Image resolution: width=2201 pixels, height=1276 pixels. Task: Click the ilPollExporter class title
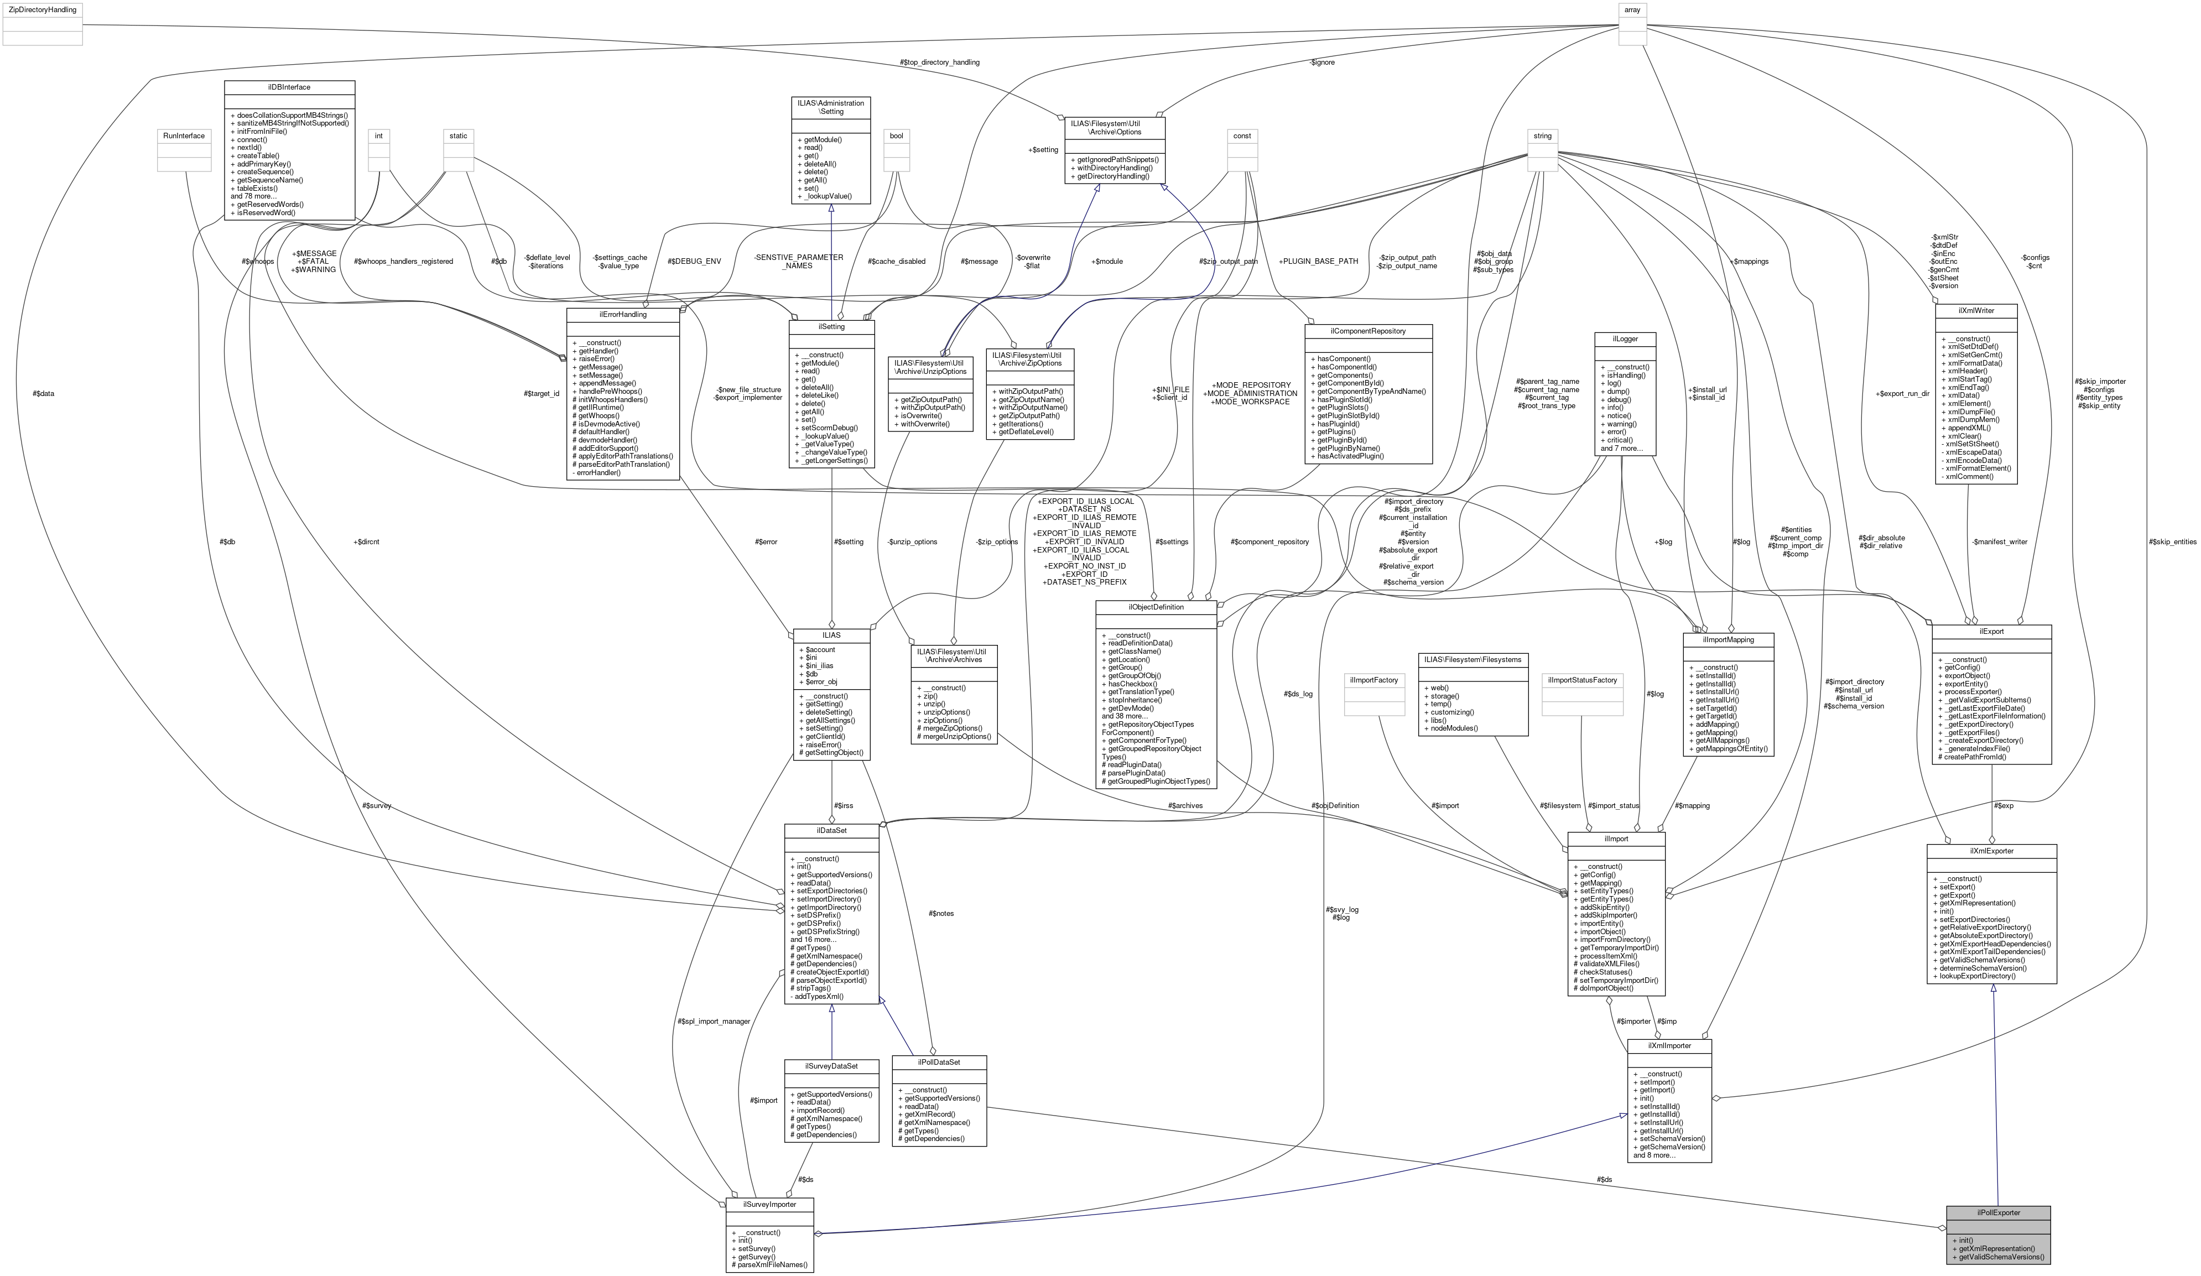click(1997, 1212)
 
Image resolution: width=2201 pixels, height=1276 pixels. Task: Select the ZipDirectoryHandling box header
click(42, 9)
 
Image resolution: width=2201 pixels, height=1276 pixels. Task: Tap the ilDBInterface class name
click(289, 87)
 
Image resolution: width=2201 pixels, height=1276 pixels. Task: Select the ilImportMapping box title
click(1728, 639)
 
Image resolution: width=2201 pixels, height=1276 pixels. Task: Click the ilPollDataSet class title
click(939, 1062)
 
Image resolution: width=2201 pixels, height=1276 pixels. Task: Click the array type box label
click(1632, 9)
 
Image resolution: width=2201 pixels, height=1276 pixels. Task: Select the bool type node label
click(896, 136)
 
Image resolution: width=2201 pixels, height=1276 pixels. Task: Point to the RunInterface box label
click(184, 136)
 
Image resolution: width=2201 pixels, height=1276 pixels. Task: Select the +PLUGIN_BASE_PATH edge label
click(1318, 261)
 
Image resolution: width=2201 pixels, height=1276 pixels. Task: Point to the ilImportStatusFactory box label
click(1582, 680)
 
